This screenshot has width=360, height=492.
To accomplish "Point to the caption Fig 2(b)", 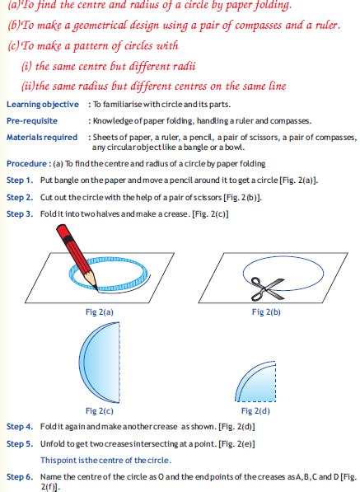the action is (265, 312).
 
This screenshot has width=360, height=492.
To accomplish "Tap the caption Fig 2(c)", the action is (99, 410).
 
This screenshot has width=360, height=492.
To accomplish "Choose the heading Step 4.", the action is (20, 427).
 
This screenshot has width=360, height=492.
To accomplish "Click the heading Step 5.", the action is (20, 443).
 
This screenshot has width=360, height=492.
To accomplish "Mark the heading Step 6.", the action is (20, 477).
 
